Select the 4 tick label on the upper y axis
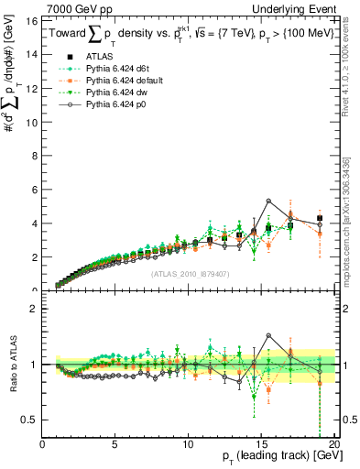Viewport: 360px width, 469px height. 34,224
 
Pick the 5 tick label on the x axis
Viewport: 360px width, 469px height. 115,444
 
